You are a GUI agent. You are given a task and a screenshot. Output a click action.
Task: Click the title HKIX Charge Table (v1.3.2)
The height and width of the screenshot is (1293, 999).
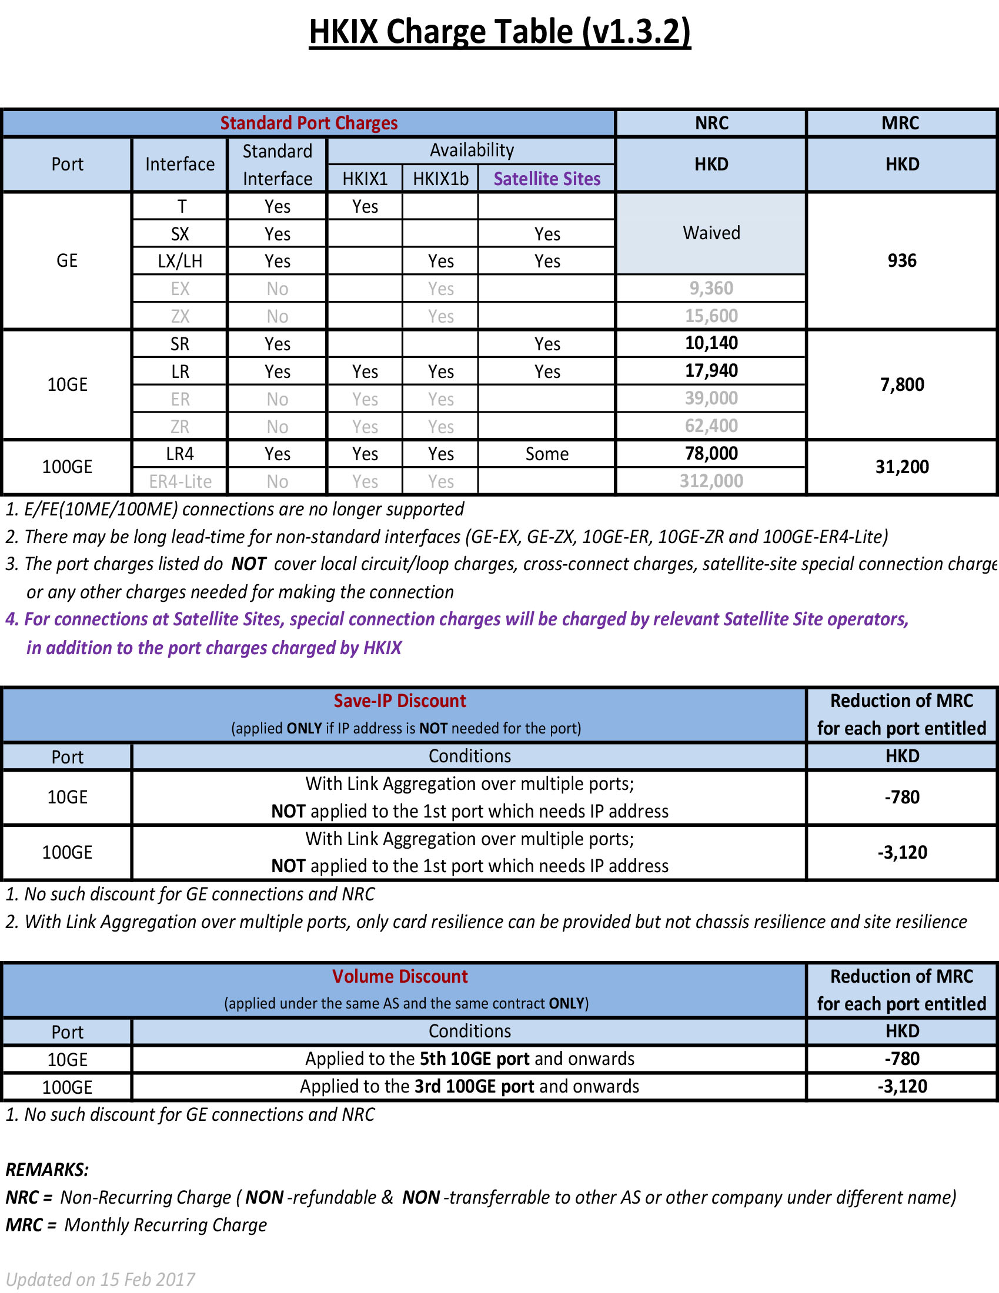(499, 32)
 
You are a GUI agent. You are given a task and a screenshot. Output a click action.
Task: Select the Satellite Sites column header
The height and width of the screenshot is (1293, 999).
(547, 179)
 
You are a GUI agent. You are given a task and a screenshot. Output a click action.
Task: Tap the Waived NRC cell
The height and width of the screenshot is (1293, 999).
(711, 233)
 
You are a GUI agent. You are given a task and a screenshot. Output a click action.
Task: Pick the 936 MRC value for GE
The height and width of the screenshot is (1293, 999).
(901, 260)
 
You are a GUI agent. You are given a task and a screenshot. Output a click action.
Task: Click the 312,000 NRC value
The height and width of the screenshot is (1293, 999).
(711, 481)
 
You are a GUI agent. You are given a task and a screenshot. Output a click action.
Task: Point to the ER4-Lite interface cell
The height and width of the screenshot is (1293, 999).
(180, 481)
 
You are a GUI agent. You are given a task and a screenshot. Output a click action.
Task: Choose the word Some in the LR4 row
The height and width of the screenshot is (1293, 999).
(547, 454)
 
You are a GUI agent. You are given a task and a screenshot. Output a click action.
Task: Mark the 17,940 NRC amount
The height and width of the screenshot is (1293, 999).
(711, 371)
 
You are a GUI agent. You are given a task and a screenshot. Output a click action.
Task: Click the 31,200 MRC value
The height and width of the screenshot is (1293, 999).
(901, 467)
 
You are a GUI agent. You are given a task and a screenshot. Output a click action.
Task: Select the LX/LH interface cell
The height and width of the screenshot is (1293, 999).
(180, 261)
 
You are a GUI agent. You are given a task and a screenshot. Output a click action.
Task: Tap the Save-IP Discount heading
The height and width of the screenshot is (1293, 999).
(400, 701)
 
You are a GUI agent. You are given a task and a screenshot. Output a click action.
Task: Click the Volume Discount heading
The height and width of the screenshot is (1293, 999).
(400, 976)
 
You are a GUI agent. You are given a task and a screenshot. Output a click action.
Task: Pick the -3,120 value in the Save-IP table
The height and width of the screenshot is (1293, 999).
(902, 853)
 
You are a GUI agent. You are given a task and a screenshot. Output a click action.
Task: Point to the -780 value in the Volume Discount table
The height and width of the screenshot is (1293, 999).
(902, 1058)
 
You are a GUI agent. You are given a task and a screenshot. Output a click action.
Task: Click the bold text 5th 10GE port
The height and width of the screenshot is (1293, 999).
(475, 1058)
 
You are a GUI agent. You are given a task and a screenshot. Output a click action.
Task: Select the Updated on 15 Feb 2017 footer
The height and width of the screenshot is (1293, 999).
(100, 1279)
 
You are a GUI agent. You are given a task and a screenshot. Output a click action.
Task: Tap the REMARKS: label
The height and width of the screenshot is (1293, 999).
(48, 1170)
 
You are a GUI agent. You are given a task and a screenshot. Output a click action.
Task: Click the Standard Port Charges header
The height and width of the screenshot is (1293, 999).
(309, 123)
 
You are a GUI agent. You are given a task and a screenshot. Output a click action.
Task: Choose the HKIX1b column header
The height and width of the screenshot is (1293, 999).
(440, 179)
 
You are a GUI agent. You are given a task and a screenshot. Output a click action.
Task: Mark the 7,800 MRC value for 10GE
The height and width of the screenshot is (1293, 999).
(901, 385)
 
